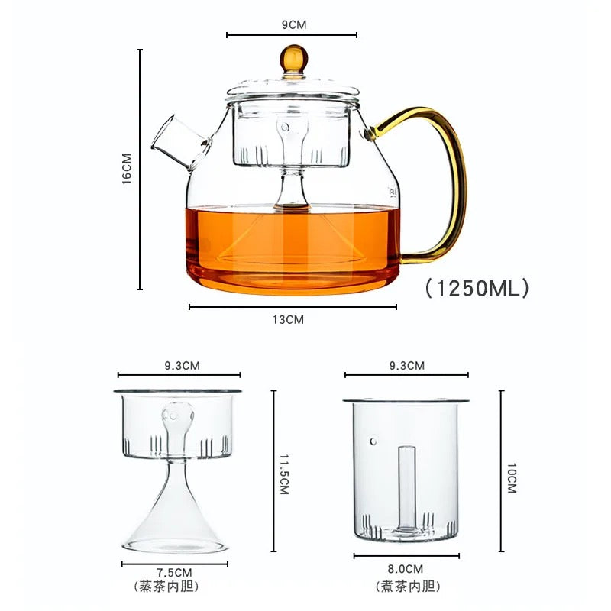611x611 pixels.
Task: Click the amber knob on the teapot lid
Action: coord(293,59)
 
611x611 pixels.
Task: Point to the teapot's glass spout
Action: coord(181,143)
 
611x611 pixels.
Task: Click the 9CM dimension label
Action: coord(294,24)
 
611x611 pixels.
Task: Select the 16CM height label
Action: coord(127,168)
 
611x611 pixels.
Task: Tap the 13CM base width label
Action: coord(288,319)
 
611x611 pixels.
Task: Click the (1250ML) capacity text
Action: coord(477,289)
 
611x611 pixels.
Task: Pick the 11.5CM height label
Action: coord(284,474)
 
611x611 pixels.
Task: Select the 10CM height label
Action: coord(511,478)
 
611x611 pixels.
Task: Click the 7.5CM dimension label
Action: coord(174,573)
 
